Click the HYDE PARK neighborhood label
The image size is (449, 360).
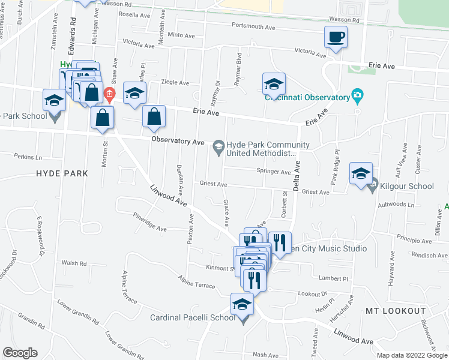click(x=62, y=173)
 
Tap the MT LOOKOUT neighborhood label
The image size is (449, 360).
click(x=396, y=311)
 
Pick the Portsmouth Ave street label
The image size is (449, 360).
click(x=255, y=28)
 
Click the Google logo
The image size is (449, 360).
click(x=20, y=353)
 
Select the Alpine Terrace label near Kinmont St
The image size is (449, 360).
click(x=196, y=282)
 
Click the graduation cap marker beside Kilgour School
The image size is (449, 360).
click(x=360, y=174)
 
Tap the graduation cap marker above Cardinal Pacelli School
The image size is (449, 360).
click(x=243, y=305)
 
